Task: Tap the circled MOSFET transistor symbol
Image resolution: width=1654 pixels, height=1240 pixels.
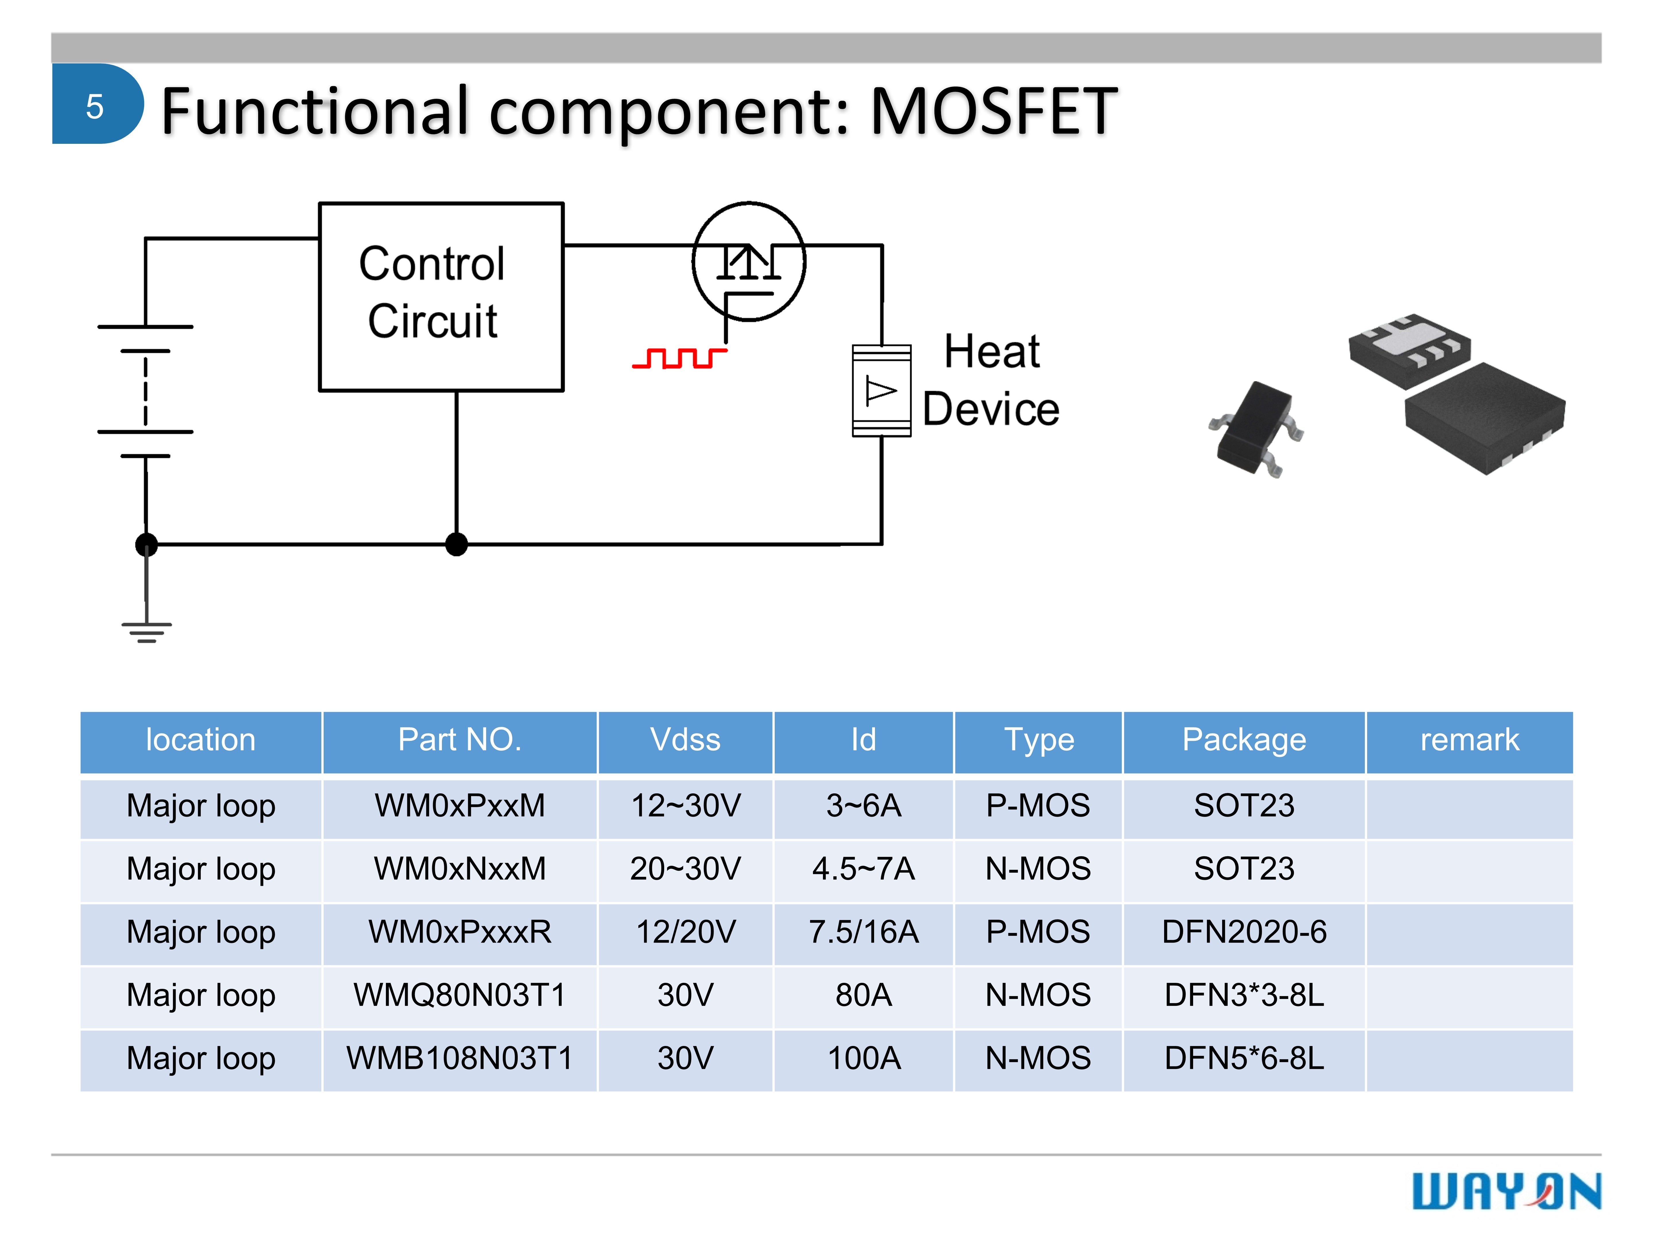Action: click(x=749, y=261)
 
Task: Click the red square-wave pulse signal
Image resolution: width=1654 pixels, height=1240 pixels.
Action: click(x=679, y=359)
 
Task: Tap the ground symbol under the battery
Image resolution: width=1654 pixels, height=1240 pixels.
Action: click(x=146, y=631)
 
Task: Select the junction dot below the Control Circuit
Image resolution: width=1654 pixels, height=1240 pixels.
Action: click(x=456, y=544)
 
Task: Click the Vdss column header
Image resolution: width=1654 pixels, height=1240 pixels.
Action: click(x=685, y=740)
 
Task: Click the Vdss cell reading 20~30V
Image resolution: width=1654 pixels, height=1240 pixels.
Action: click(x=685, y=869)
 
